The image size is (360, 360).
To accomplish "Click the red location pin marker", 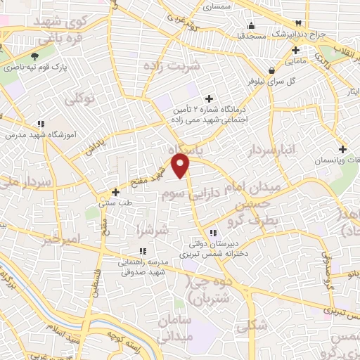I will pyautogui.click(x=182, y=165).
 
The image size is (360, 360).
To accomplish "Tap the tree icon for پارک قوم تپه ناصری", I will pyautogui.click(x=34, y=56).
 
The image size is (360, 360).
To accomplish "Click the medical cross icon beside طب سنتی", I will pyautogui.click(x=116, y=191).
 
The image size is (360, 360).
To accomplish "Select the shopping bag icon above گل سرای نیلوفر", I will pyautogui.click(x=272, y=70).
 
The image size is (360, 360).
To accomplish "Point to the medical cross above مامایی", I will pyautogui.click(x=296, y=50).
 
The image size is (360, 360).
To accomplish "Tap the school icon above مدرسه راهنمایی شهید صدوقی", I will pyautogui.click(x=143, y=251).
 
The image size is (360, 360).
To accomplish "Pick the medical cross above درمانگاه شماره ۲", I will pyautogui.click(x=209, y=98).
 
